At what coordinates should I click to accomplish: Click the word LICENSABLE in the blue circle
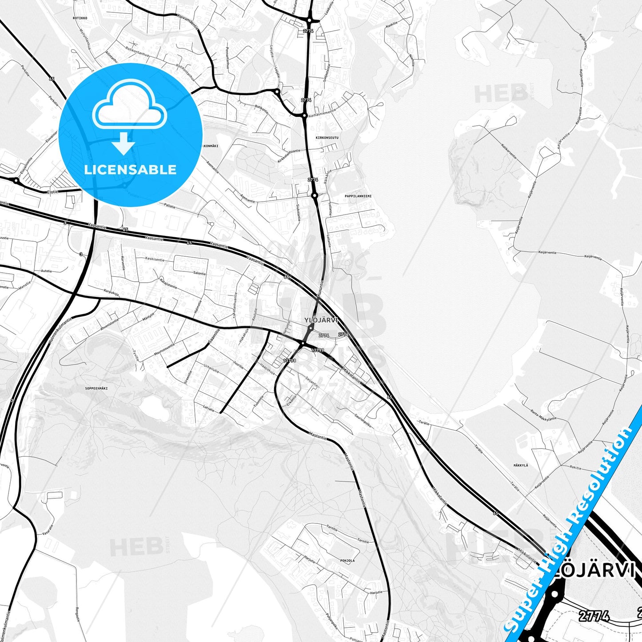[x=130, y=169]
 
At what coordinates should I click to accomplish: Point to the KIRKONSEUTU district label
[x=327, y=138]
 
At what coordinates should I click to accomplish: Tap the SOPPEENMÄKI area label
[x=96, y=388]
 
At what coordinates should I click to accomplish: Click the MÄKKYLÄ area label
[x=521, y=465]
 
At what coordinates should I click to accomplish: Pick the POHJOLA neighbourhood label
[x=347, y=561]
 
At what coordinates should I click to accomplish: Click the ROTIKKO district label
[x=80, y=18]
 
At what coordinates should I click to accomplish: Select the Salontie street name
[x=199, y=273]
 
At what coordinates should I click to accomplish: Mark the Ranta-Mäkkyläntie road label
[x=543, y=415]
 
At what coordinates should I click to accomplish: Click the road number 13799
[x=317, y=350]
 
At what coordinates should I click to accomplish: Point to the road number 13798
[x=289, y=360]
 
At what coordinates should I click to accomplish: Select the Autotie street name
[x=46, y=271]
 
